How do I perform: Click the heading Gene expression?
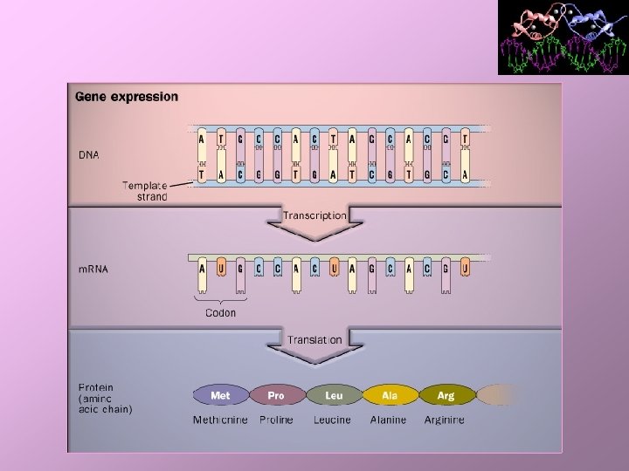pyautogui.click(x=127, y=97)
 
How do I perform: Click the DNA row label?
pyautogui.click(x=89, y=155)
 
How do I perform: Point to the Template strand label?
pyautogui.click(x=145, y=190)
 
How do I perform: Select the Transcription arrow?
pyautogui.click(x=314, y=220)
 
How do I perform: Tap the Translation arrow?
pyautogui.click(x=314, y=344)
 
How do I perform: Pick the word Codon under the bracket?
pyautogui.click(x=220, y=312)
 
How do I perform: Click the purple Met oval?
pyautogui.click(x=221, y=395)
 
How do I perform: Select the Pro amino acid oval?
pyautogui.click(x=276, y=395)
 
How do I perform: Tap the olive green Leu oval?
pyautogui.click(x=333, y=395)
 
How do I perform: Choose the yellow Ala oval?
pyautogui.click(x=390, y=395)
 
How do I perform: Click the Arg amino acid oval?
pyautogui.click(x=446, y=395)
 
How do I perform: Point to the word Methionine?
pyautogui.click(x=220, y=420)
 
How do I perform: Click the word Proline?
pyautogui.click(x=276, y=420)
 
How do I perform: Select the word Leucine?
pyautogui.click(x=332, y=420)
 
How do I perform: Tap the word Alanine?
pyautogui.click(x=388, y=420)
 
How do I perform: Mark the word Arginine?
pyautogui.click(x=445, y=420)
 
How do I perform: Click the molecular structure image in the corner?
pyautogui.click(x=563, y=37)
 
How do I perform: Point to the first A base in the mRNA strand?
pyautogui.click(x=202, y=270)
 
